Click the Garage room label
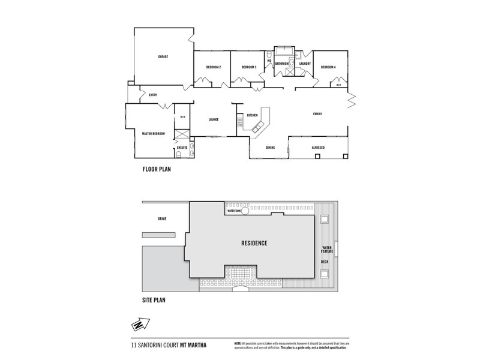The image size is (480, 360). (163, 56)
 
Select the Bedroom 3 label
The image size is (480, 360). (249, 67)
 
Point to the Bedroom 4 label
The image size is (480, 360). (328, 67)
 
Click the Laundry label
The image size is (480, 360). (304, 62)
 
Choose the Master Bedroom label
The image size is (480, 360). (154, 133)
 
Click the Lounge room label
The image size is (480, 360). (213, 119)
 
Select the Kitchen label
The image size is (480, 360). (252, 115)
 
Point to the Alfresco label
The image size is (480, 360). (318, 146)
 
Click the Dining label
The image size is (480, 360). (271, 146)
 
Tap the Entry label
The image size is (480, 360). (145, 95)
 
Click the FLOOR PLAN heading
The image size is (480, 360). (157, 170)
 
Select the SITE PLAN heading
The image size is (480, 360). (154, 298)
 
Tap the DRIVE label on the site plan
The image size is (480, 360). (161, 219)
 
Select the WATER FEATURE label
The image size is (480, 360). (327, 250)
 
